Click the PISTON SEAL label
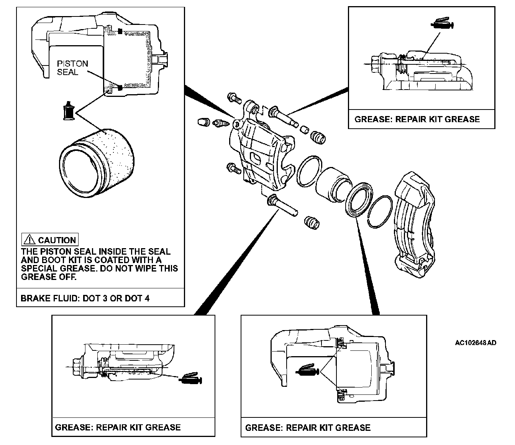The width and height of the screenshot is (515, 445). (x=72, y=68)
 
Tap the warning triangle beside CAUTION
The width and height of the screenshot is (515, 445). (x=29, y=240)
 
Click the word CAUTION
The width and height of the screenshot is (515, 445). (x=57, y=240)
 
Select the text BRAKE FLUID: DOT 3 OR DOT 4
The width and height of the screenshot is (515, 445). (x=85, y=298)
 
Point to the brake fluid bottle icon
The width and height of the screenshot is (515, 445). (x=69, y=111)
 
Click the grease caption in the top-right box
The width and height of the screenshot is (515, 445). (x=417, y=119)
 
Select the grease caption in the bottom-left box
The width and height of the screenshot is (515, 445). (x=118, y=427)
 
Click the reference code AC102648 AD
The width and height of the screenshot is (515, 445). (x=476, y=343)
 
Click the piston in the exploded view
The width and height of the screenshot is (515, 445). (x=332, y=182)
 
